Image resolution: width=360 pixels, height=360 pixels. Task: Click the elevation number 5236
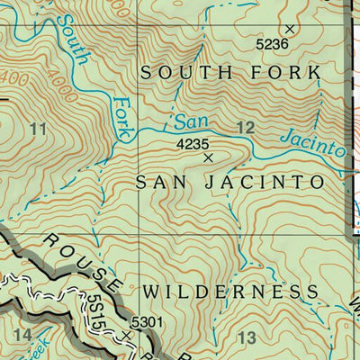(x=271, y=43)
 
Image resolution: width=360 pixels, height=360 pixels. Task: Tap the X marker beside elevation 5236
(x=290, y=29)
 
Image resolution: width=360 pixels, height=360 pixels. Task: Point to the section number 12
(x=244, y=130)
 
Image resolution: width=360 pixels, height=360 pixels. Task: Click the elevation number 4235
(x=193, y=143)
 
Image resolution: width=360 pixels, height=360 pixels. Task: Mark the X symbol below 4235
(x=209, y=157)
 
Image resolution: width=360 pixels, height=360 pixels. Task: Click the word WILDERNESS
(x=229, y=292)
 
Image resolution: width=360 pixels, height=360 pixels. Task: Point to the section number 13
(x=247, y=337)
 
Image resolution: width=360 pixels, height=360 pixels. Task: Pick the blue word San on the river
(x=185, y=121)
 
